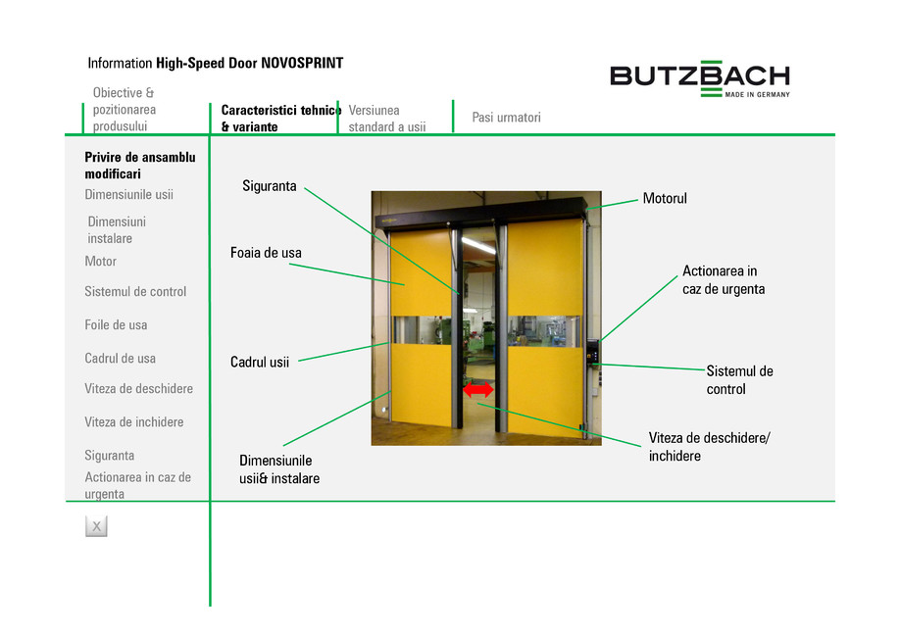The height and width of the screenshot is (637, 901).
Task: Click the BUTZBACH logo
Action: [x=699, y=77]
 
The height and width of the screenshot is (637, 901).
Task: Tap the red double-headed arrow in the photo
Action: [x=478, y=390]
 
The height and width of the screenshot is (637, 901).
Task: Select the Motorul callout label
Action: [x=665, y=199]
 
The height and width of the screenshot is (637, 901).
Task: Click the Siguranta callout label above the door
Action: [x=270, y=186]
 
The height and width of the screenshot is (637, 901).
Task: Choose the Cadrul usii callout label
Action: [x=260, y=362]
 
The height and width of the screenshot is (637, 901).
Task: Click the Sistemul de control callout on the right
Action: [x=739, y=380]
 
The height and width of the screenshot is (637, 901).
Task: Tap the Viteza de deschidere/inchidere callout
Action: [x=709, y=446]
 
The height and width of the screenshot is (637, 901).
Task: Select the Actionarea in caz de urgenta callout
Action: [x=724, y=280]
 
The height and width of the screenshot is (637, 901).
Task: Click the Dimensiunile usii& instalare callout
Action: [x=279, y=469]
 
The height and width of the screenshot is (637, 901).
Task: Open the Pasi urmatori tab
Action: [x=506, y=118]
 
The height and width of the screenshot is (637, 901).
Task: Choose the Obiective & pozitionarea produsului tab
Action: [x=125, y=110]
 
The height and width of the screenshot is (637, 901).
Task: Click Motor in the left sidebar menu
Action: [x=101, y=262]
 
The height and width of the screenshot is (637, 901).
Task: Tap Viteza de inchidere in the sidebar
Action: [x=134, y=422]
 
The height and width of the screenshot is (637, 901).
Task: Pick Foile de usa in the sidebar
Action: [x=116, y=325]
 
